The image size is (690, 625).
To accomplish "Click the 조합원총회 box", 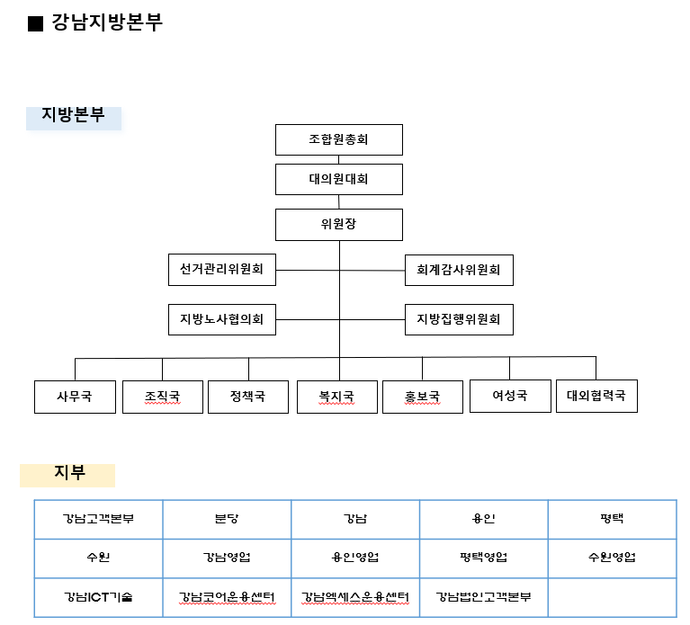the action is (x=339, y=140).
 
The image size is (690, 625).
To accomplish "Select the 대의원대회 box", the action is (x=339, y=180).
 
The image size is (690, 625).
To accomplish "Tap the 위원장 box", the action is (x=339, y=225).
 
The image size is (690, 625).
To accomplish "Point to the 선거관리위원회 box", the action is (x=222, y=270).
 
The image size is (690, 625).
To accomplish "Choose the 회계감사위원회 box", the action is (x=459, y=270).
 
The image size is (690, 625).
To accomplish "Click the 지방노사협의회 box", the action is (x=222, y=320).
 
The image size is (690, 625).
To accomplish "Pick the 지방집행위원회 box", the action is (x=459, y=320).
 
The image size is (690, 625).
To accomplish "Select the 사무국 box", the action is (x=75, y=397).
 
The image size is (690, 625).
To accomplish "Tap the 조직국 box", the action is (x=163, y=397).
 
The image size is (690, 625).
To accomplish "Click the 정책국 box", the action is (x=248, y=397).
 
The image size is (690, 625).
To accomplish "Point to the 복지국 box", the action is (x=337, y=397).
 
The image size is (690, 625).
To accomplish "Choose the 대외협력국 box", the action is (x=596, y=396).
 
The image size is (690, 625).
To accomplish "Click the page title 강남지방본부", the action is (x=107, y=22).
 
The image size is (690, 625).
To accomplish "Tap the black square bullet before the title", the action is (x=35, y=23).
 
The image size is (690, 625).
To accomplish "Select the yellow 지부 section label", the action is (x=67, y=476).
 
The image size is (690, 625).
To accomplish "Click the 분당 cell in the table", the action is (x=227, y=520).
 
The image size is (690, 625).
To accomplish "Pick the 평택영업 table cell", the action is (x=484, y=558).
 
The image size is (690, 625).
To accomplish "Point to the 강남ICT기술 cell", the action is (x=99, y=597).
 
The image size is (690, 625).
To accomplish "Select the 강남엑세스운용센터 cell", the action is (x=355, y=597).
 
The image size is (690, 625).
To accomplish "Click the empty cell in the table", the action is (x=612, y=597).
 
